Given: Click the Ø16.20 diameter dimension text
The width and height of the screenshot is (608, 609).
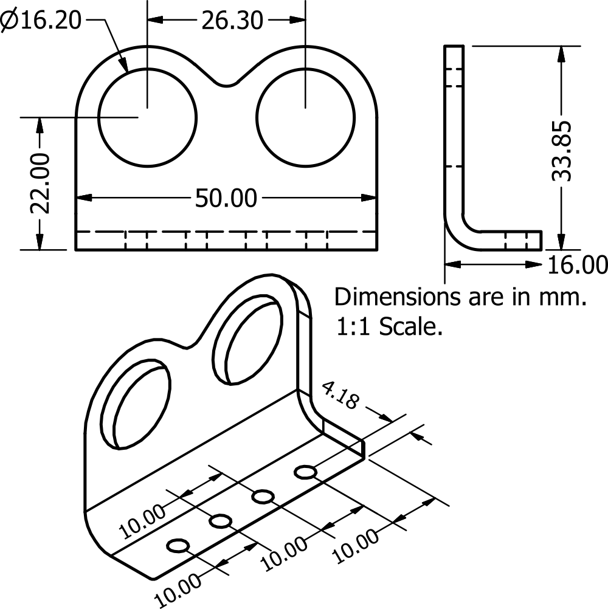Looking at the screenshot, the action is coord(41,20).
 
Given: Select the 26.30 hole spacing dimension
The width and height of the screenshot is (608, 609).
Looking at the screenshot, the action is coord(232,21).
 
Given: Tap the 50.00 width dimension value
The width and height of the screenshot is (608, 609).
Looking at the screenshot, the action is coord(226,198).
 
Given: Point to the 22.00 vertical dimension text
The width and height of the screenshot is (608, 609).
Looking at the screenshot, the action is coord(40,184).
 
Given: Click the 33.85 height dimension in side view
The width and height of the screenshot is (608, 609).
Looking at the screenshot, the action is coord(561,151).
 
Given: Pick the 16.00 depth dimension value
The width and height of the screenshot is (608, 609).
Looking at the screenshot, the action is coord(577,265).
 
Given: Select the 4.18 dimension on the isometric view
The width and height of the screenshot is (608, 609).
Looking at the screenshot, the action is coord(339,395).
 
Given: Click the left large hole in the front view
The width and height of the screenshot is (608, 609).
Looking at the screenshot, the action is coord(147,117).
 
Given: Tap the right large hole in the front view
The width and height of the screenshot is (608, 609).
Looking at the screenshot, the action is coord(305,117).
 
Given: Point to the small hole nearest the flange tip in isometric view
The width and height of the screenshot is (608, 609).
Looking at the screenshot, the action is coord(306,472).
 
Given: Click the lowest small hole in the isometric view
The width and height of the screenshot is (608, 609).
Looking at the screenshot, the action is coord(178,546).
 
